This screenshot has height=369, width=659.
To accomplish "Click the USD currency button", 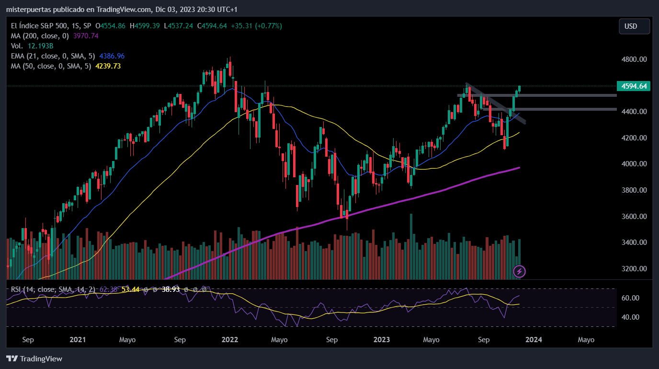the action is (634, 26).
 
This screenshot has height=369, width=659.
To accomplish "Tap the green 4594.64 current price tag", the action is (634, 86).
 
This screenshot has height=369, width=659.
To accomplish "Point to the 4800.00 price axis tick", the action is (634, 59).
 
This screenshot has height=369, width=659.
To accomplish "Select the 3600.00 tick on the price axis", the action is (634, 217).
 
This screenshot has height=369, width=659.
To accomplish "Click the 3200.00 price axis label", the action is (634, 268).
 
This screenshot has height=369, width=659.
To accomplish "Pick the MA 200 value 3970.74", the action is (86, 36).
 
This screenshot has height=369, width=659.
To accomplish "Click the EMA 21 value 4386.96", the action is (112, 56).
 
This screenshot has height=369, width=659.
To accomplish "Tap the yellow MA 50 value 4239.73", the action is (108, 66).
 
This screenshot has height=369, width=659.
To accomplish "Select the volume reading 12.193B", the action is (40, 46).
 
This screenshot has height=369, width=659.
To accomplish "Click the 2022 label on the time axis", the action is (230, 340).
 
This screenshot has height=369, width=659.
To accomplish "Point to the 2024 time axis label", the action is (534, 340).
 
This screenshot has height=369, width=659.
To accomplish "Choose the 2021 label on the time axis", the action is (78, 340).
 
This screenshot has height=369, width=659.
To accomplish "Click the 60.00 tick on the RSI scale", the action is (630, 298).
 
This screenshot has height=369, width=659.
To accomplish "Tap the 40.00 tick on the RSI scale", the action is (630, 317).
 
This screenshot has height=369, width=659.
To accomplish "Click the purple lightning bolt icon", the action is (519, 271).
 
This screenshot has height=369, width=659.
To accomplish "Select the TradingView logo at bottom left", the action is (34, 358).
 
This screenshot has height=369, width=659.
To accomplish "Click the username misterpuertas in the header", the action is (29, 10).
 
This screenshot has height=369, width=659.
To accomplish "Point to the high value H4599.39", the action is (145, 26).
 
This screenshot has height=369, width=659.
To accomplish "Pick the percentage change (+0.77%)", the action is (268, 26).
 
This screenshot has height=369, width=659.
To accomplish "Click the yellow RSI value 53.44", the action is (130, 289).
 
